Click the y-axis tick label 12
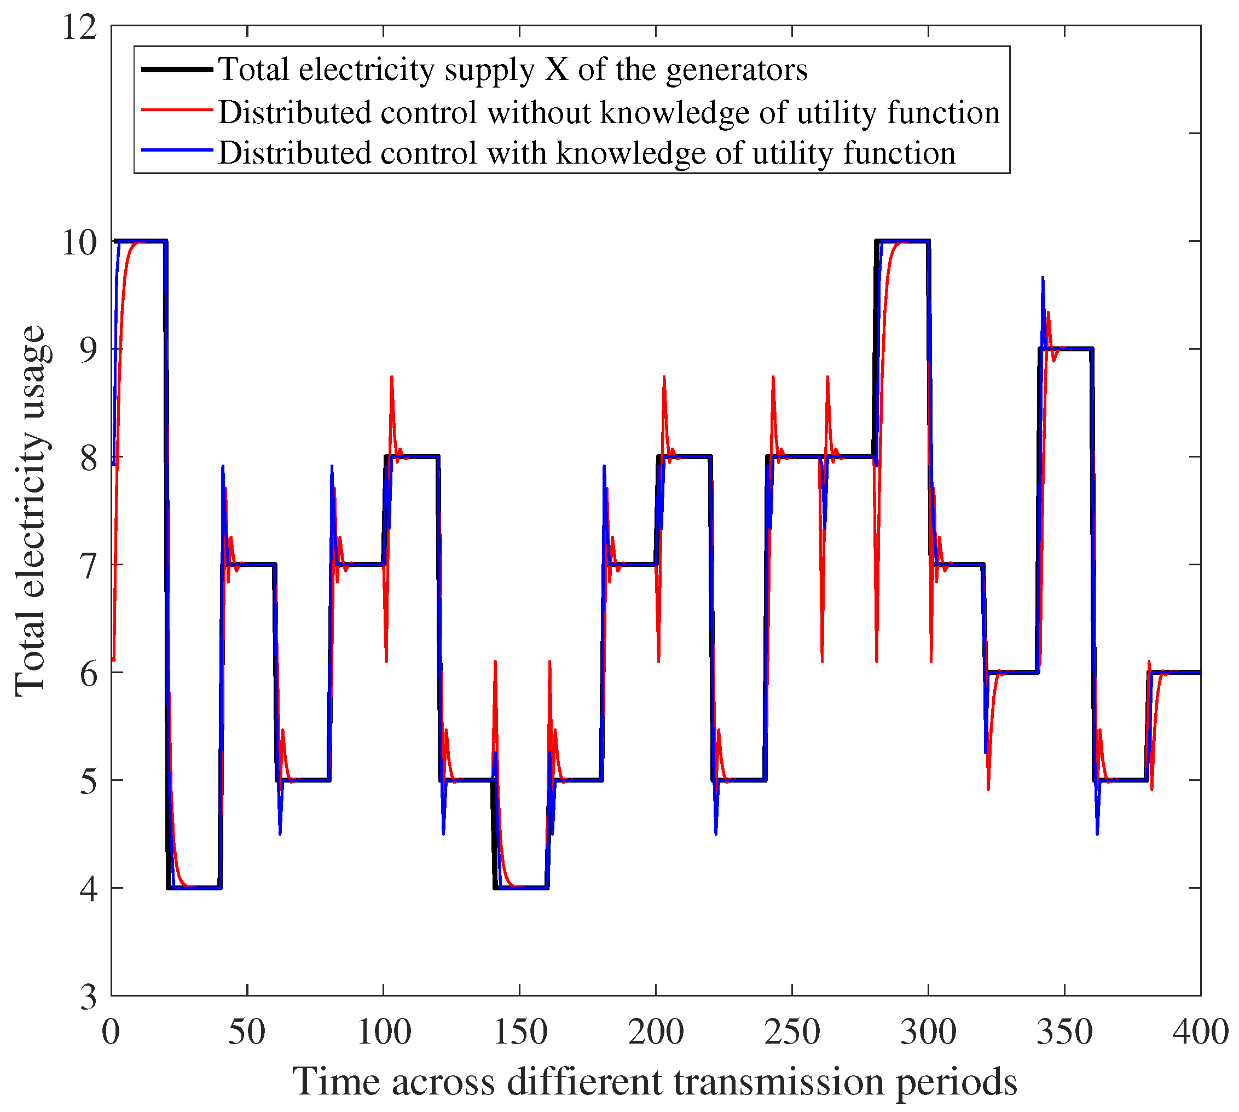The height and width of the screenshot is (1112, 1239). pyautogui.click(x=80, y=28)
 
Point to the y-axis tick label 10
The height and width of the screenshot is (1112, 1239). pyautogui.click(x=80, y=242)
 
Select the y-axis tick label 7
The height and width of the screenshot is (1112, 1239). pyautogui.click(x=89, y=567)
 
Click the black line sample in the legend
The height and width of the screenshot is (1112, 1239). pyautogui.click(x=177, y=69)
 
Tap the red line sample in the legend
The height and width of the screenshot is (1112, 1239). pyautogui.click(x=177, y=110)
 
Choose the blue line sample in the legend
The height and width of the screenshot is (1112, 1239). pyautogui.click(x=177, y=150)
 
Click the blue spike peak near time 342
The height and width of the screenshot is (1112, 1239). pyautogui.click(x=1043, y=278)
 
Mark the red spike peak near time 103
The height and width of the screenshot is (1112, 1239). pyautogui.click(x=392, y=378)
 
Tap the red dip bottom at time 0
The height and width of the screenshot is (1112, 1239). pyautogui.click(x=114, y=660)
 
